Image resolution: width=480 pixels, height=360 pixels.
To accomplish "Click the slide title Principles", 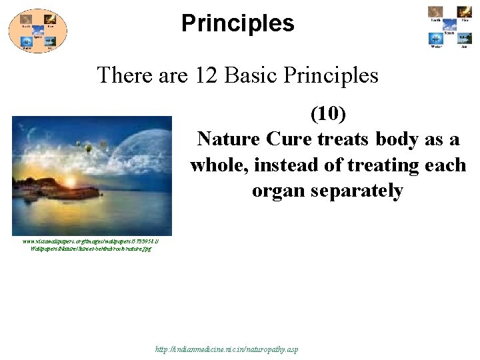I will point(237,23).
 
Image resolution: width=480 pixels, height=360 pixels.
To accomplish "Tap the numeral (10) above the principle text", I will point(328,114).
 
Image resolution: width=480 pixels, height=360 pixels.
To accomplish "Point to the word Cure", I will point(289,140).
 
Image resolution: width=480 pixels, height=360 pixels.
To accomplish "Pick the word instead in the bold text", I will point(293,165).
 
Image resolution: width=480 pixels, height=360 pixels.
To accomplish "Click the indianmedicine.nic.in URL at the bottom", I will point(227,349).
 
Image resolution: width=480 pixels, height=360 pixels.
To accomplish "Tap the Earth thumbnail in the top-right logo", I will point(436,12).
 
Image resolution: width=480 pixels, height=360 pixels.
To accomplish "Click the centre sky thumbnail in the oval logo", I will point(37,30).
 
